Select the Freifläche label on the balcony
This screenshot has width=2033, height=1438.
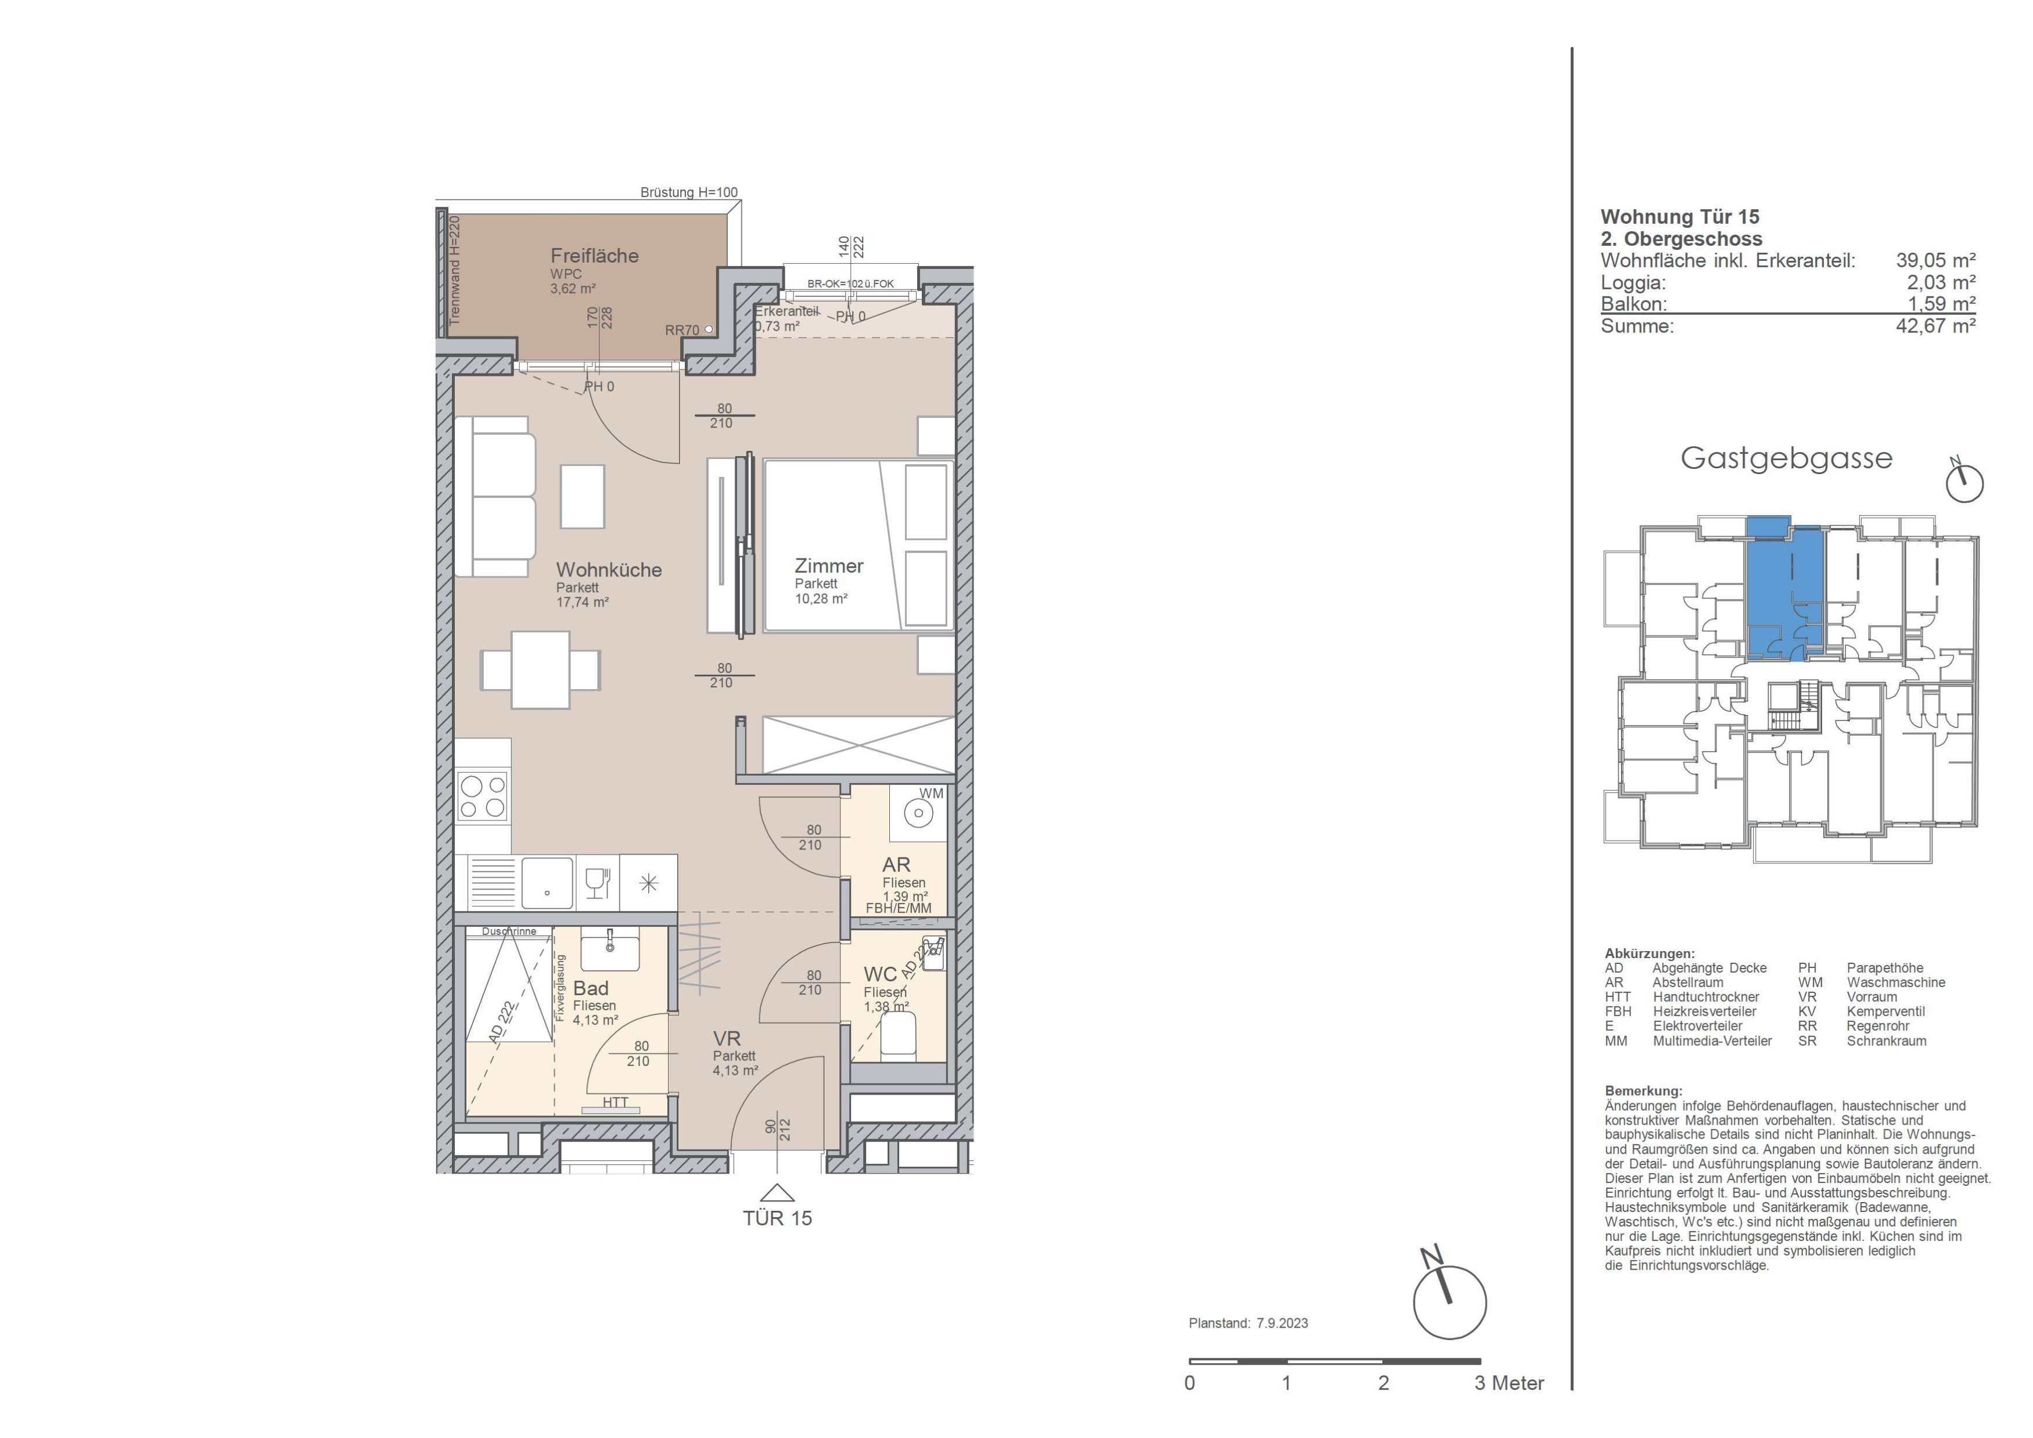click(594, 256)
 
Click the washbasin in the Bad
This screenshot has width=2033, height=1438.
click(609, 950)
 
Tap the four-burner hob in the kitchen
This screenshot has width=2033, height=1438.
click(483, 796)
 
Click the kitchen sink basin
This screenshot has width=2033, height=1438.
click(547, 883)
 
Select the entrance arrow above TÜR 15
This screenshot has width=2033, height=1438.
click(777, 1193)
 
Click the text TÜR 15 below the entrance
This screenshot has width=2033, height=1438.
click(777, 1218)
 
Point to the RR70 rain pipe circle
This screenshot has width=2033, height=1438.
click(709, 329)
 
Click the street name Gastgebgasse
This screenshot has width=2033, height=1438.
click(1786, 458)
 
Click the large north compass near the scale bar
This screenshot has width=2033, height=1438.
click(1449, 1301)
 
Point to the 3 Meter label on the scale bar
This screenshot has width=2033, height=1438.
click(1509, 1383)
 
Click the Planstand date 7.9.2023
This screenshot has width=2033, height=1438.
click(1281, 1323)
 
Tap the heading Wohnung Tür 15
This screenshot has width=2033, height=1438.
click(1680, 217)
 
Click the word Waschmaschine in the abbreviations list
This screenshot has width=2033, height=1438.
click(1896, 982)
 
